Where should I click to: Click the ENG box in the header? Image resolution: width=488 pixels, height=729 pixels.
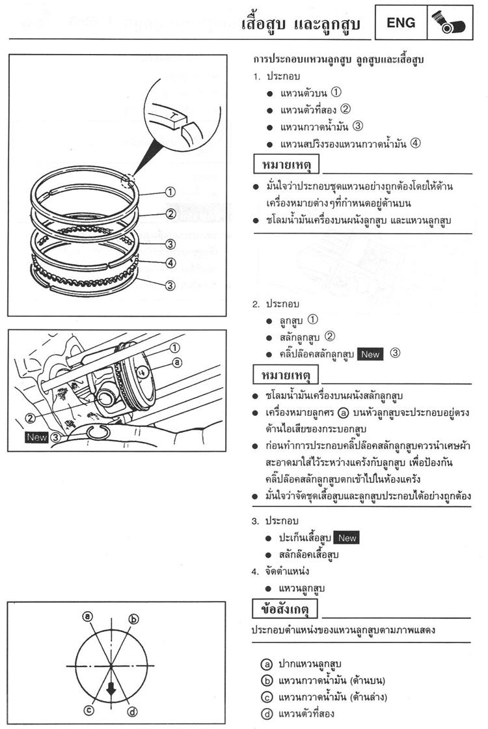(401, 23)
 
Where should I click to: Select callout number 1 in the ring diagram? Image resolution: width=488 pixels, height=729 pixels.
(170, 192)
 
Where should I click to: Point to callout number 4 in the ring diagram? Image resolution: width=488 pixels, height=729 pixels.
(170, 263)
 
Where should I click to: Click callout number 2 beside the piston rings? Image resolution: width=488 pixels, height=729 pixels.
(170, 213)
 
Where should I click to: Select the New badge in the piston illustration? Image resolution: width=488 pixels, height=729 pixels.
(37, 437)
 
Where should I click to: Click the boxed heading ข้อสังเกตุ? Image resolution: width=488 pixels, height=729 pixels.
(285, 609)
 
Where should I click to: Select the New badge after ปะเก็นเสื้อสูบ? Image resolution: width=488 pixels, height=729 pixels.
(347, 538)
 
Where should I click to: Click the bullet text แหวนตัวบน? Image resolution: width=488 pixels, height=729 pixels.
(303, 94)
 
